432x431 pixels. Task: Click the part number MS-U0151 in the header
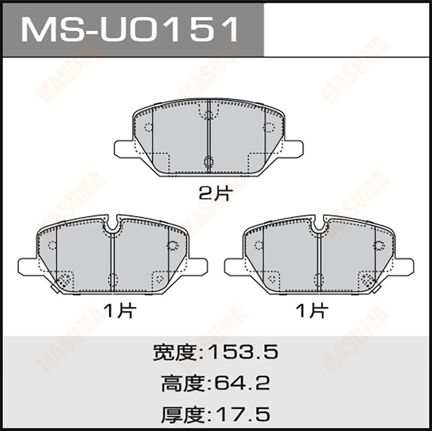130,29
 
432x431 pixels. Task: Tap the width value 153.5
242,352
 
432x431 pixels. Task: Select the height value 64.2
242,383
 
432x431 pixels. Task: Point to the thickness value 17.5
242,414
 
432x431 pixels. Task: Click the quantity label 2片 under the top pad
215,193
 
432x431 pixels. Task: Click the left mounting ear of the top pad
124,149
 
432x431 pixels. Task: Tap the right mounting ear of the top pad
294,149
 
